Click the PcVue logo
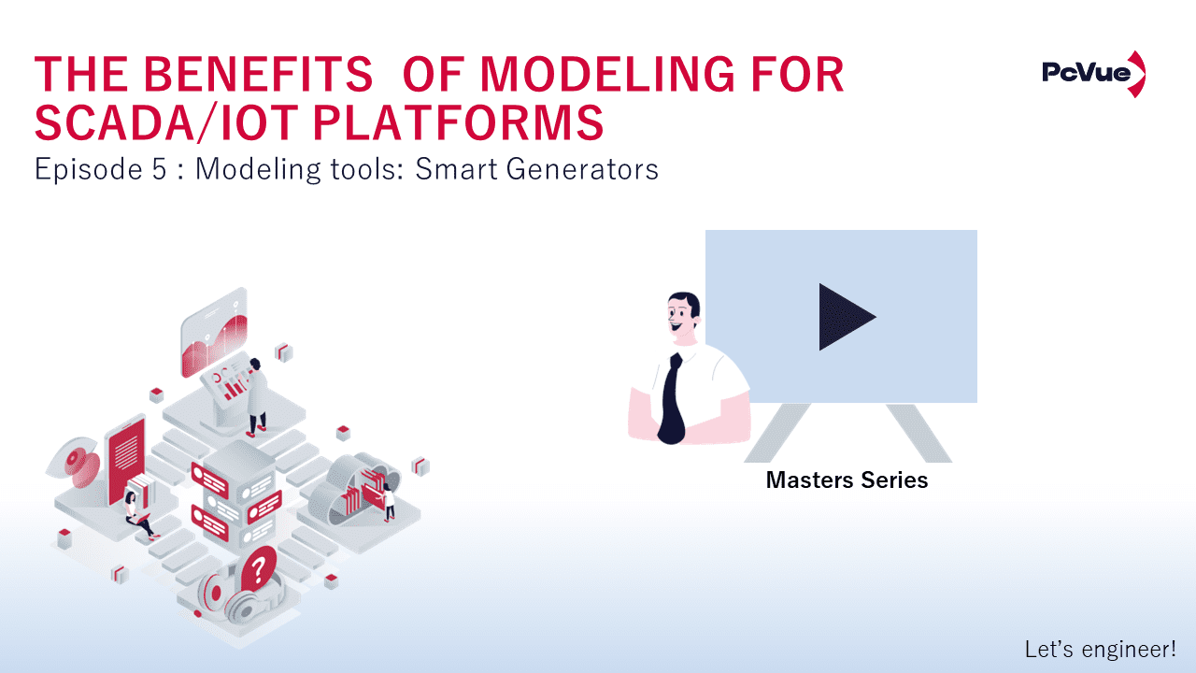(x=1093, y=74)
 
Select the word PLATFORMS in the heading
(x=458, y=122)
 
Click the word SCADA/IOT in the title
(x=166, y=122)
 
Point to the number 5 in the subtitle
(x=159, y=169)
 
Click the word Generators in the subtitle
(x=582, y=169)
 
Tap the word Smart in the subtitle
(x=456, y=169)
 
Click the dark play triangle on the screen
(x=847, y=317)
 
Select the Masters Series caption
(x=847, y=480)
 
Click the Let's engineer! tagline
(x=1101, y=649)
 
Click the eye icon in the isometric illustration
(x=77, y=462)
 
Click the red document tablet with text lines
(x=126, y=460)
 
